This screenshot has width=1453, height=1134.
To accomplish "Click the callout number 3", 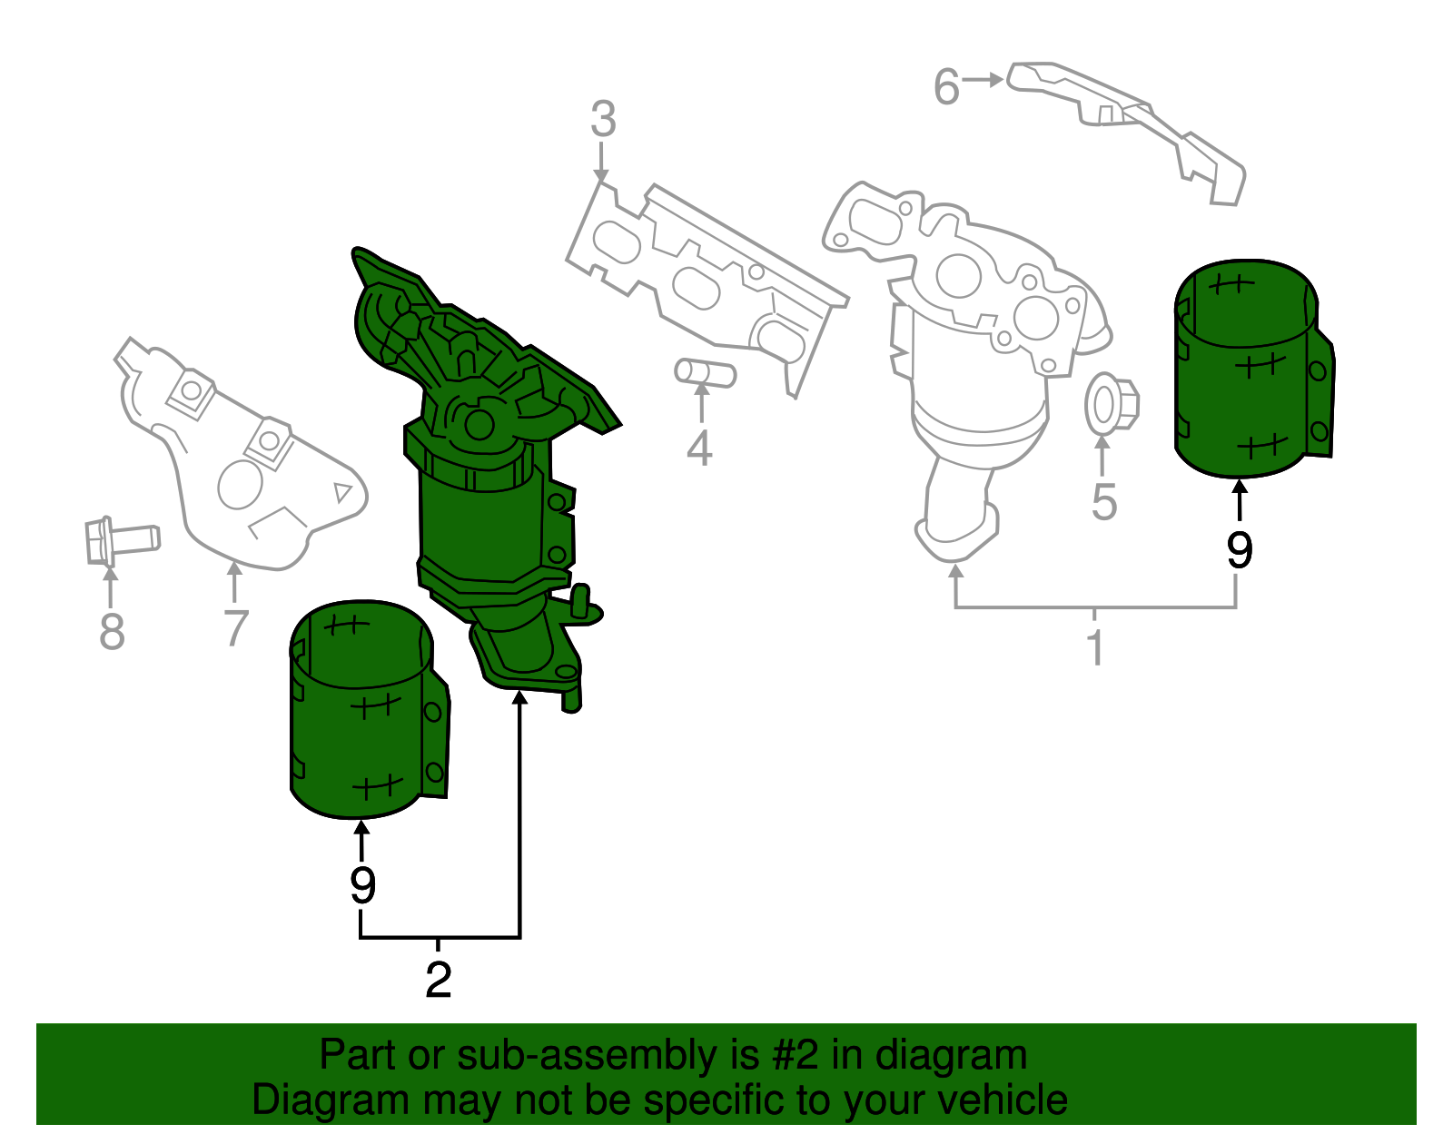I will pos(603,120).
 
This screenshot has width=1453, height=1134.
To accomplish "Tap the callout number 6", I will pos(946,88).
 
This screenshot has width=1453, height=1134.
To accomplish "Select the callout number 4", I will pos(699,449).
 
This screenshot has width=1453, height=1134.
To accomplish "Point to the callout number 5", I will pos(1103,502).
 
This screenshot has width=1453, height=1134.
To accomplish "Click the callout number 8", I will pos(112,632).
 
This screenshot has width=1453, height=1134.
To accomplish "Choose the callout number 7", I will pos(235,627).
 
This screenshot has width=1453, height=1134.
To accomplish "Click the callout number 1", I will pos(1095,646).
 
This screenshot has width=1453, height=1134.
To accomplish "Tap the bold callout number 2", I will pos(438,980).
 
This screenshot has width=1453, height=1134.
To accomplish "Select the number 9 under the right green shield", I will pos(1239,550).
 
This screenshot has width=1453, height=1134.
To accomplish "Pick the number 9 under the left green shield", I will pos(362,885).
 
